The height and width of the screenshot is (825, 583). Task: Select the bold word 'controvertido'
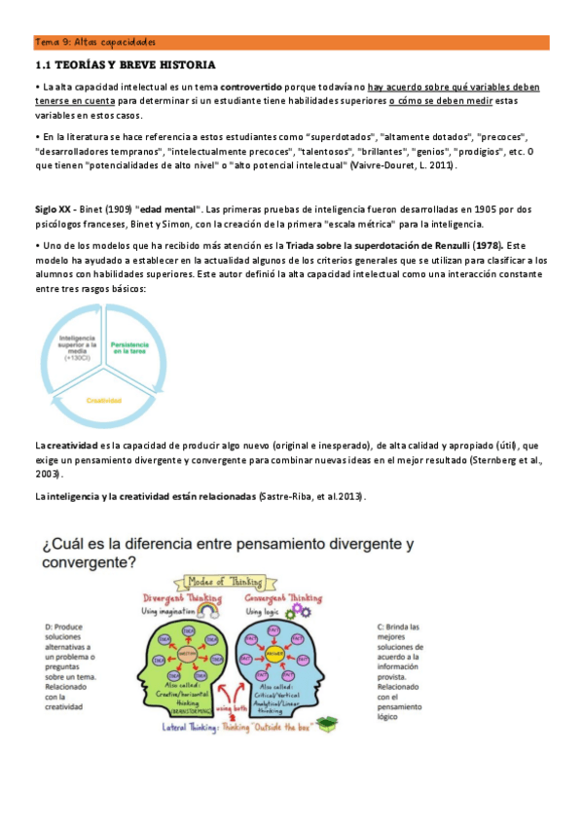(252, 88)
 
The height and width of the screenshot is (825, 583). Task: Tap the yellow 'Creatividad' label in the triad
(103, 399)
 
